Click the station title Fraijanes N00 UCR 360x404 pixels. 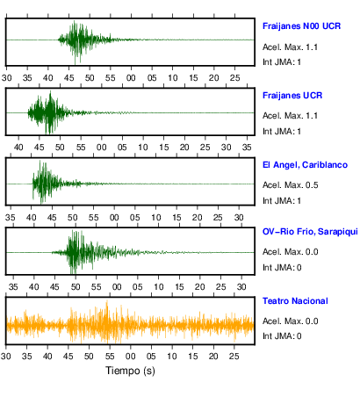click(301, 26)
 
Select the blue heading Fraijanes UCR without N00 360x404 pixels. click(292, 96)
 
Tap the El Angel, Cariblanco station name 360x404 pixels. click(305, 165)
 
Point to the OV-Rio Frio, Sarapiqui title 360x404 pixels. click(310, 232)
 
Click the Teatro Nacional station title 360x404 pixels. click(295, 301)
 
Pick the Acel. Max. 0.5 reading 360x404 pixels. click(291, 185)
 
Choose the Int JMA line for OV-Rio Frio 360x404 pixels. click(282, 267)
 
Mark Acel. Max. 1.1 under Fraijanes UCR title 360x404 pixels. click(290, 116)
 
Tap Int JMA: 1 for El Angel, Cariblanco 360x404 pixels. click(282, 201)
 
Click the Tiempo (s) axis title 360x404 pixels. click(130, 371)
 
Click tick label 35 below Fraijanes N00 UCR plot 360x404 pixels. click(27, 78)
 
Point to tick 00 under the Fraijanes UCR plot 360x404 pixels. click(101, 147)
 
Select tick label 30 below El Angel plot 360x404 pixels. click(239, 218)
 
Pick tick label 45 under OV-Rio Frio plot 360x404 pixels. click(54, 286)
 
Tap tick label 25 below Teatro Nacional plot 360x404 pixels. click(234, 357)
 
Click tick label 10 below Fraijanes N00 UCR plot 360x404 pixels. click(172, 78)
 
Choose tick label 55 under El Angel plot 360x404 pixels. click(93, 218)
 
